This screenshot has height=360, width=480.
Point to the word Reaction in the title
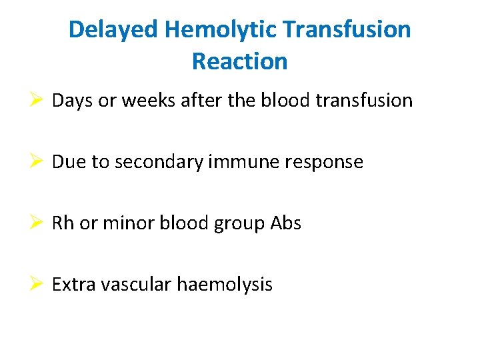pos(240,61)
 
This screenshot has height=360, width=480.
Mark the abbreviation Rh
pos(63,223)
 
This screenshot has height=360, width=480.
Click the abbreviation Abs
pos(286,223)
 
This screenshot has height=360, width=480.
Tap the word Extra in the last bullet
pos(70,285)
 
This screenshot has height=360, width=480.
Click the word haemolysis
pos(225,285)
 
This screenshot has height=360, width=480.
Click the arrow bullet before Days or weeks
pos(38,101)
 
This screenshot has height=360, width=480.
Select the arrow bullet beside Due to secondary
pos(38,162)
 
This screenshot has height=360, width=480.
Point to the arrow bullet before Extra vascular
pos(38,285)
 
